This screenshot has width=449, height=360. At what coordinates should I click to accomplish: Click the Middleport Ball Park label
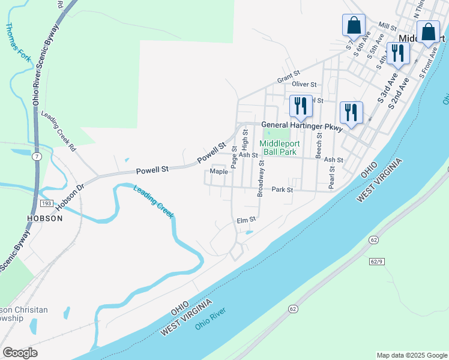[x=278, y=148]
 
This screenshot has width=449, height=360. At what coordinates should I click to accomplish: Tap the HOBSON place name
[x=45, y=218]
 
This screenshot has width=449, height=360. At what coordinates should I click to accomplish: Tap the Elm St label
[x=247, y=220]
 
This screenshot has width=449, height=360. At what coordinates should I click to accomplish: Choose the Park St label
[x=282, y=190]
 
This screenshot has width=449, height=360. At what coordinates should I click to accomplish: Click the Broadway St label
[x=261, y=178]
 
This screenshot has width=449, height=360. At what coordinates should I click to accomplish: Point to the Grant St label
[x=288, y=79]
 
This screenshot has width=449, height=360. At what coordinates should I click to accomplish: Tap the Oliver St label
[x=304, y=85]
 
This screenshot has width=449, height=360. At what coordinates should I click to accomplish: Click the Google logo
[x=20, y=353]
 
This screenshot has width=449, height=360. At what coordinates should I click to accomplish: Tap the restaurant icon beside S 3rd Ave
[x=397, y=53]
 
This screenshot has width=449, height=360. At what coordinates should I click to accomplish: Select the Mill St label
[x=388, y=27]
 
